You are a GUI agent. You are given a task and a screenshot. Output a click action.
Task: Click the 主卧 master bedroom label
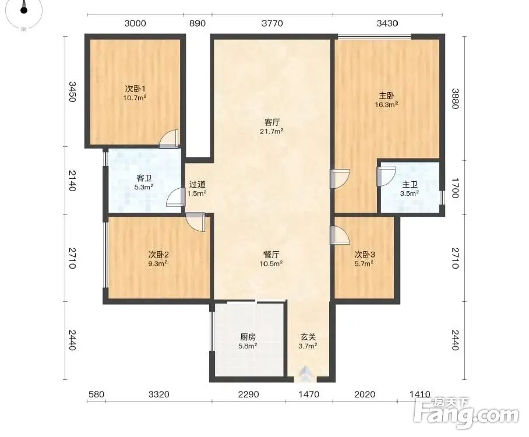(386, 96)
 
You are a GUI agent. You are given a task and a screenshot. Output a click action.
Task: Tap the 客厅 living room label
(272, 122)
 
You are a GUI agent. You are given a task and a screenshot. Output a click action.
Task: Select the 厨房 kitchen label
(248, 337)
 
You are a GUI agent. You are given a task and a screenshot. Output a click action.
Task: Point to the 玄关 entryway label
(308, 337)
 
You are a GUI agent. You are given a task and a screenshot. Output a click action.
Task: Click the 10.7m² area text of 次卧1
(135, 98)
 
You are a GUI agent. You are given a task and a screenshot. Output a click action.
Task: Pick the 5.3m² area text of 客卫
(144, 186)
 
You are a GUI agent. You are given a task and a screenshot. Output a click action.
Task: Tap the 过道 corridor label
(198, 185)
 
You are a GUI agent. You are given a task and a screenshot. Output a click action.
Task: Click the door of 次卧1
(169, 139)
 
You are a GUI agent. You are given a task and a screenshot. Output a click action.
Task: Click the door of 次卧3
(340, 235)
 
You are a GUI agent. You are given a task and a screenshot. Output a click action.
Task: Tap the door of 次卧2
(195, 223)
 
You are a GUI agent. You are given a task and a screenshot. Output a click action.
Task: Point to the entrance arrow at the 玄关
(306, 373)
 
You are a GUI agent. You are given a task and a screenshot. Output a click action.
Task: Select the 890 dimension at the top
(198, 23)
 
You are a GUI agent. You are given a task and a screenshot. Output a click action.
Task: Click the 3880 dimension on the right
(455, 98)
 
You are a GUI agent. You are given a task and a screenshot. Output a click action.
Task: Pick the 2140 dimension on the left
(72, 181)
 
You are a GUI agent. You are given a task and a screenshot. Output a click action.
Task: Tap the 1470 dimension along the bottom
(309, 394)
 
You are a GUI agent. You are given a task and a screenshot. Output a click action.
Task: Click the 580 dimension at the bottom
(96, 394)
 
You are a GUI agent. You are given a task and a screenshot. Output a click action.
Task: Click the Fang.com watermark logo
(466, 413)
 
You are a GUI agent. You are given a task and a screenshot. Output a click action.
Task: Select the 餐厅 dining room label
(272, 255)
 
